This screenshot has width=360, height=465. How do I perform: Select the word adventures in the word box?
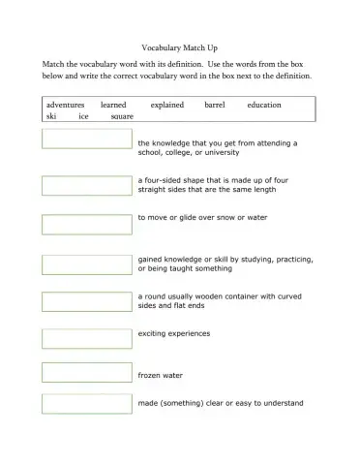[x=65, y=104]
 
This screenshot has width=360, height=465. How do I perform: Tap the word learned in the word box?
[x=113, y=104]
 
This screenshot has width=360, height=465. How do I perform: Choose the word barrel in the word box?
[x=214, y=104]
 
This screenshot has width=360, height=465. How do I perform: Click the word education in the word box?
[x=264, y=104]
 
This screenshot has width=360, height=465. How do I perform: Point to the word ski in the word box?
[x=51, y=116]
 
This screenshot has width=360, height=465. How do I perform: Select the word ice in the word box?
[x=83, y=116]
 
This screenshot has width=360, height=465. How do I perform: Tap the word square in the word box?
[x=123, y=116]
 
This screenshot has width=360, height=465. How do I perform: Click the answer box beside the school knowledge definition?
[x=87, y=139]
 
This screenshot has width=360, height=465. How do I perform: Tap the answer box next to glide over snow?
[x=87, y=223]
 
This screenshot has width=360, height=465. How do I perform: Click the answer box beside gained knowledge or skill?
[x=87, y=263]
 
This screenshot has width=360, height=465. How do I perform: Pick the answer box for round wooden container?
[x=87, y=301]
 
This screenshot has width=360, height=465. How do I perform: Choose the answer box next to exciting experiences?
[x=87, y=338]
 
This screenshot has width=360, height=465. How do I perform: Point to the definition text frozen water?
[x=161, y=375]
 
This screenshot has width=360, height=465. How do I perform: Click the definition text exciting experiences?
[x=174, y=333]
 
